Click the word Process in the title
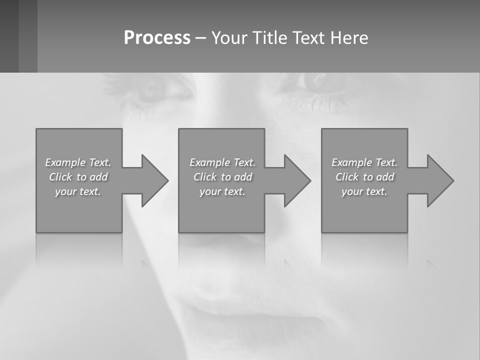point(157,38)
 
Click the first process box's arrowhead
point(153,180)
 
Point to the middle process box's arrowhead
point(296,180)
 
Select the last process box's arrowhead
point(438,180)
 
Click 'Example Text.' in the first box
point(78,162)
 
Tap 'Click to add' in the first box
point(78,177)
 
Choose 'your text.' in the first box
point(78,191)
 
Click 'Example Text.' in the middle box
point(222,162)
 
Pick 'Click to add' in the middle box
point(222,177)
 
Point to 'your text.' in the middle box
point(222,191)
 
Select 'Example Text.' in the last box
point(364,162)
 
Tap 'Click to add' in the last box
point(364,177)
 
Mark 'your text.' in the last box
point(364,191)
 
